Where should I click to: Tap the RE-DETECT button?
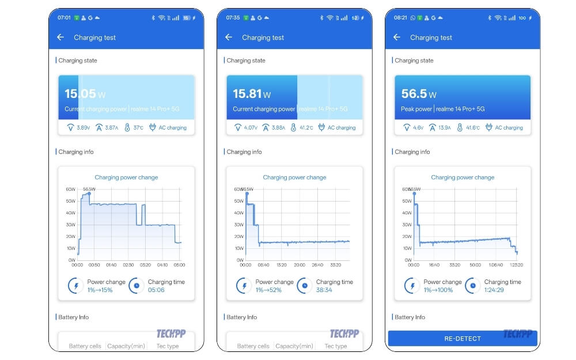point(463,339)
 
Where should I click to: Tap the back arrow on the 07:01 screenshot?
point(60,37)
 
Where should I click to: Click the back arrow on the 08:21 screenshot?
point(397,37)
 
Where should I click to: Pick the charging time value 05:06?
point(156,290)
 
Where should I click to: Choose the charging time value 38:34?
point(324,290)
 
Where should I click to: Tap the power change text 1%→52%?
point(270,290)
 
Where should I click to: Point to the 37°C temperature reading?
point(138,128)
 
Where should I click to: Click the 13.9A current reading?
point(444,128)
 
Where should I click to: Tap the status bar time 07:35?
point(233,18)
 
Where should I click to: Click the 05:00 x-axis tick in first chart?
point(179,266)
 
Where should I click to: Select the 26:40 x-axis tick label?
point(317,266)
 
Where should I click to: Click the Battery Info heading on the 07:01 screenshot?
point(74,317)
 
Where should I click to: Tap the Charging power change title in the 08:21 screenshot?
point(463,177)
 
